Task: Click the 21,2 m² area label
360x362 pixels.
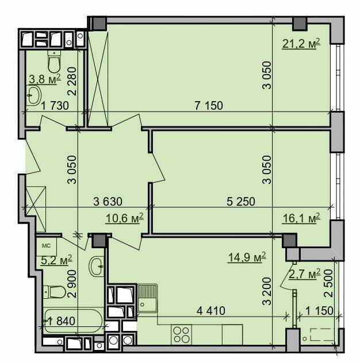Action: [301, 44]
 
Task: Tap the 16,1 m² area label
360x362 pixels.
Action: [301, 218]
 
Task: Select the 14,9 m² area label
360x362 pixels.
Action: [247, 257]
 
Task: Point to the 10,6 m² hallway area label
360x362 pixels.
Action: [125, 218]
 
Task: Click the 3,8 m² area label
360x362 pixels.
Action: [45, 79]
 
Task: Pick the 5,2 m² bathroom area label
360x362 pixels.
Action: [56, 260]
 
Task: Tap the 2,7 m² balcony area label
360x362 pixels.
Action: [305, 274]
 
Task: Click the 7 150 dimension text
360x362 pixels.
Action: [209, 106]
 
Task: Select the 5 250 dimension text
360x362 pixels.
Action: [241, 202]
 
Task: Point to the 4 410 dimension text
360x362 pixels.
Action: [210, 311]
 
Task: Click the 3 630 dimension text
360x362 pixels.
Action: [108, 202]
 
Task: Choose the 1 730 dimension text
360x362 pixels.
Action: [55, 106]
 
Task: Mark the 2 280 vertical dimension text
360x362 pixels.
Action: [72, 81]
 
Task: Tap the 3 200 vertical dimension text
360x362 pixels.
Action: [267, 291]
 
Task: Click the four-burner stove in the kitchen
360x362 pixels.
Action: [181, 334]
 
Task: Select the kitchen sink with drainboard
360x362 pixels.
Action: [147, 298]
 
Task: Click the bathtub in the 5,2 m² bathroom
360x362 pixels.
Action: [74, 321]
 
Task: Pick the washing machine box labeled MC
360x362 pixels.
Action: [46, 247]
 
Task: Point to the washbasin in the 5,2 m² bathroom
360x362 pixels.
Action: [97, 267]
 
